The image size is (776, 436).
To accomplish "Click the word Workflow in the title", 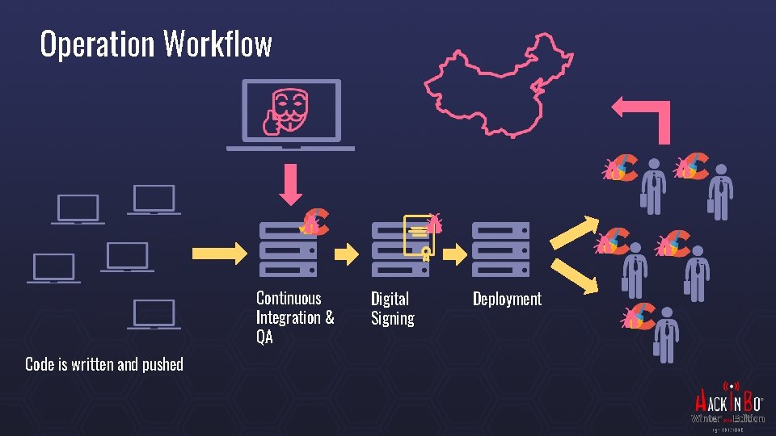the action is pos(217,44).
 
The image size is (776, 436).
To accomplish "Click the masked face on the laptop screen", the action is pos(290,110).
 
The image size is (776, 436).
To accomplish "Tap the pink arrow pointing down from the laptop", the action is pos(290,185).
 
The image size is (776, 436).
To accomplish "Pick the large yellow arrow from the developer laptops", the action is pos(218,252).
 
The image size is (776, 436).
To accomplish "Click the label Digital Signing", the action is pos(392,308).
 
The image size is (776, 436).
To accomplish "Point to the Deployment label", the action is pos(507,299).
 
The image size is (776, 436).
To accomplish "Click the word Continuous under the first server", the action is pos(289,298).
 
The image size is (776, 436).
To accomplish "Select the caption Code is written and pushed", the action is pos(104,364).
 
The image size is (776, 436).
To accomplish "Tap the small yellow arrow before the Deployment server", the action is pos(457,254).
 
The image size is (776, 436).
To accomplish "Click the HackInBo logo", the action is pos(727,405).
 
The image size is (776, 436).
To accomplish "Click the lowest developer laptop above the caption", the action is pos(154,314).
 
